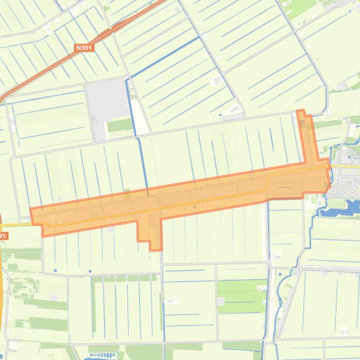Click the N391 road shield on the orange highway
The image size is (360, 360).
(x=85, y=48)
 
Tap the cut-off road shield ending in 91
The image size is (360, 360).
(x=3, y=236)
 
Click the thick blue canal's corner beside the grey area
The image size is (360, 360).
(x=127, y=80)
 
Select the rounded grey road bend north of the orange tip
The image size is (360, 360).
(x=323, y=110)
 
